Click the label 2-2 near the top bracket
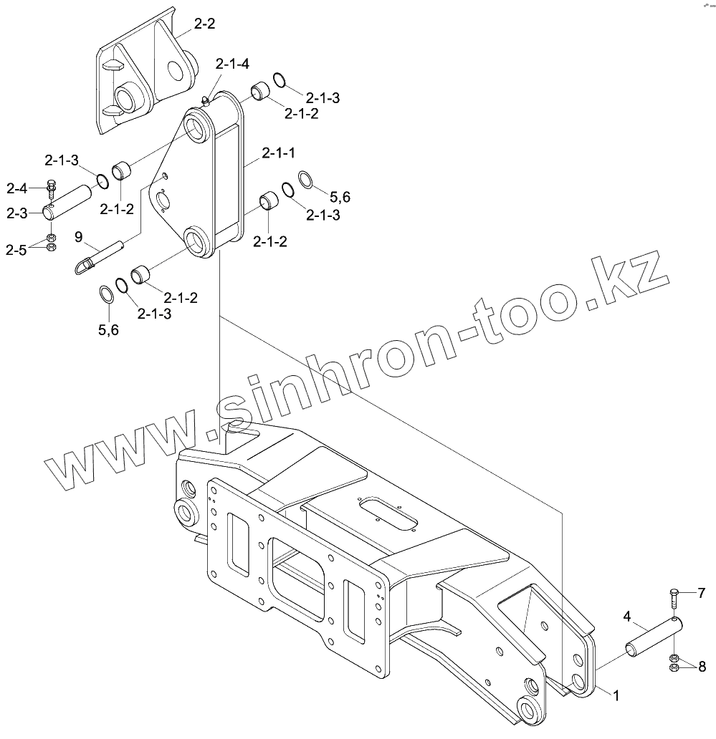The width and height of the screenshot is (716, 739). pyautogui.click(x=204, y=24)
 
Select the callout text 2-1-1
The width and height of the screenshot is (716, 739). pyautogui.click(x=279, y=152)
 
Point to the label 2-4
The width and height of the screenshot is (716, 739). pyautogui.click(x=16, y=188)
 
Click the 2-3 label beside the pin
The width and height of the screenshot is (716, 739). pyautogui.click(x=16, y=213)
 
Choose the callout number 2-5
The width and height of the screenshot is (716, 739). pyautogui.click(x=16, y=249)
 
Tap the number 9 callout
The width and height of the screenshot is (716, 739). pyautogui.click(x=78, y=236)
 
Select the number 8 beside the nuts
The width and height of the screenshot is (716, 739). pyautogui.click(x=701, y=665)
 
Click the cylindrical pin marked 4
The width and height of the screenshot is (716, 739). pyautogui.click(x=652, y=636)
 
